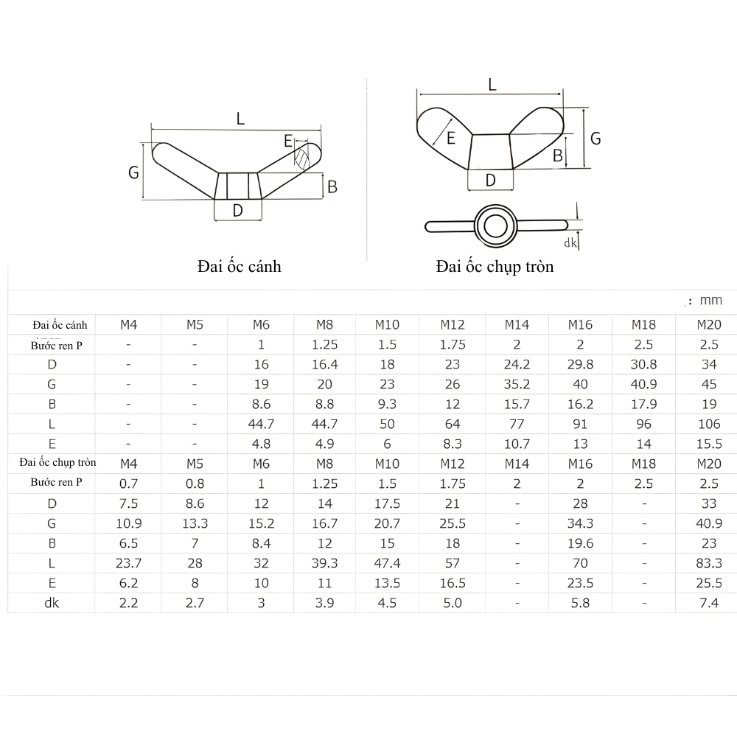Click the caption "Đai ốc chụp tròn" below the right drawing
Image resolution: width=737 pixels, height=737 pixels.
(494, 266)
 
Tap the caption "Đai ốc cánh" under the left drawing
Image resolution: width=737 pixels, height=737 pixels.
(239, 266)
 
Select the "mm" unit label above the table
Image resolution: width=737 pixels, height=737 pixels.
(711, 300)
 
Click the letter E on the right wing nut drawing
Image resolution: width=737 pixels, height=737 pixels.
(450, 137)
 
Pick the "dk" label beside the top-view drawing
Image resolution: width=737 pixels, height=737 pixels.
(569, 242)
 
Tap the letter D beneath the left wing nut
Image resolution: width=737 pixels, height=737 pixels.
(237, 211)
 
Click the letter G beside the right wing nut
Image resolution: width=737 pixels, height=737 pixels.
(595, 138)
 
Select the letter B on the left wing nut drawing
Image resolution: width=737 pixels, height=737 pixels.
(332, 187)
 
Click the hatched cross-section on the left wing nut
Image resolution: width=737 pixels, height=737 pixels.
(301, 159)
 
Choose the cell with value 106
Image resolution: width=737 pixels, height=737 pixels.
(708, 424)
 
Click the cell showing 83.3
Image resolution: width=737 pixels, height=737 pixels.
(708, 563)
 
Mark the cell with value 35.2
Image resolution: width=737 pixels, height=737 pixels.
(517, 384)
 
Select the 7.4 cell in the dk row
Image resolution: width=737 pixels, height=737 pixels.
(708, 603)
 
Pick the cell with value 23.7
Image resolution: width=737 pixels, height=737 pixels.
(128, 563)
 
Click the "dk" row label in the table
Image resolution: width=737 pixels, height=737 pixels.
(52, 603)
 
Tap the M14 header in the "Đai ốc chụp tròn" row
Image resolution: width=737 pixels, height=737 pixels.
(517, 464)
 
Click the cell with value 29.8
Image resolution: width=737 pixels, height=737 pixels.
(580, 364)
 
